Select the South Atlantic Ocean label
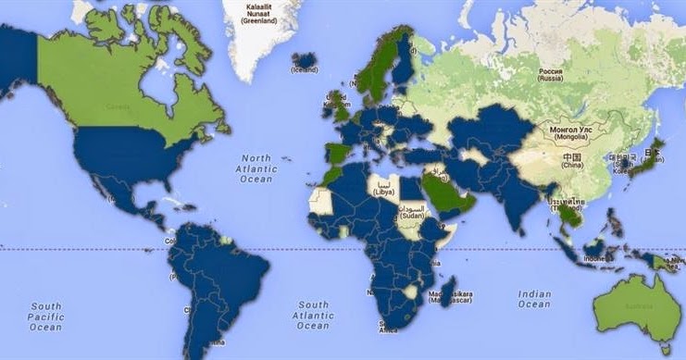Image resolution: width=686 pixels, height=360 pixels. click(x=314, y=315)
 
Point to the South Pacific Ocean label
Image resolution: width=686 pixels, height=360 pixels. click(x=45, y=315)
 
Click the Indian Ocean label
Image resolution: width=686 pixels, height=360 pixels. click(x=534, y=298)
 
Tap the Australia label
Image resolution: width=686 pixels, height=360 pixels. click(x=637, y=306)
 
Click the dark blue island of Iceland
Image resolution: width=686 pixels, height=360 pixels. click(x=304, y=62)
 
